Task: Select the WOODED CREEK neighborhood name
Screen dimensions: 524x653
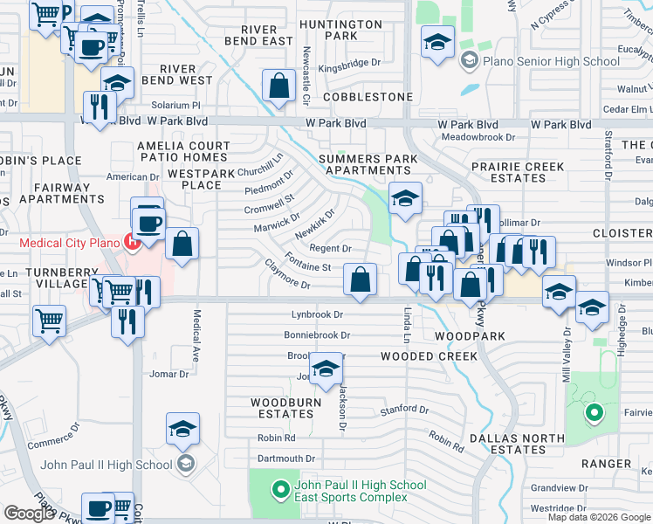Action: [x=429, y=356]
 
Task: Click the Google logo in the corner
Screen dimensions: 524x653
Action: [x=29, y=514]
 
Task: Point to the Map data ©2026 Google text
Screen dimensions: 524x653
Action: [x=598, y=517]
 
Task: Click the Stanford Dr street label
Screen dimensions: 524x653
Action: [x=403, y=410]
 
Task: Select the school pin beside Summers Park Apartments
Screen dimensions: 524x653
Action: [x=405, y=198]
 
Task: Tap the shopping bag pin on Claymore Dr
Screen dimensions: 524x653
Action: [x=360, y=279]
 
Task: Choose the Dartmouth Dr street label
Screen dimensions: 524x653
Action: [x=285, y=458]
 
